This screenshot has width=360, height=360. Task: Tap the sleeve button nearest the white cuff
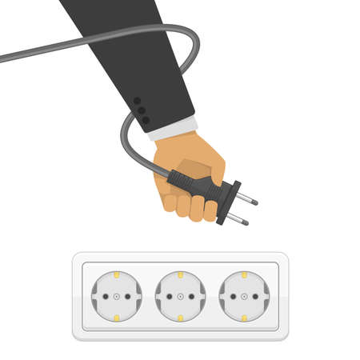[146, 120]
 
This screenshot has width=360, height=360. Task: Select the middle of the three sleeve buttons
[142, 110]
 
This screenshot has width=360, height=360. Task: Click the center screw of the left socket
[116, 296]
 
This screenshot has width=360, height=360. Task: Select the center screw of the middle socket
[180, 296]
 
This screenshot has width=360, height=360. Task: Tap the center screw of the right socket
[244, 296]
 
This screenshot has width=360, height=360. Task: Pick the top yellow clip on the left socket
[116, 275]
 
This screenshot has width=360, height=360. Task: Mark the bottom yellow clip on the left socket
[116, 318]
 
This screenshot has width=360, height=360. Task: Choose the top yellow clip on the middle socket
[180, 275]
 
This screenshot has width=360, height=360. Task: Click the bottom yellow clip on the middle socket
[180, 318]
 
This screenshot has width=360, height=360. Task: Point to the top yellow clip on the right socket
[244, 275]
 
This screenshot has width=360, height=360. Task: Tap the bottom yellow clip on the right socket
[244, 318]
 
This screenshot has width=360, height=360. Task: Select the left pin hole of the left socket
[105, 296]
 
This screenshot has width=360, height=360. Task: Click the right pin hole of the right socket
[255, 296]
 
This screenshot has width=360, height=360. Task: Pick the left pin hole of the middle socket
[169, 296]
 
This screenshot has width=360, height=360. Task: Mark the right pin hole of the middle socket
[191, 296]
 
